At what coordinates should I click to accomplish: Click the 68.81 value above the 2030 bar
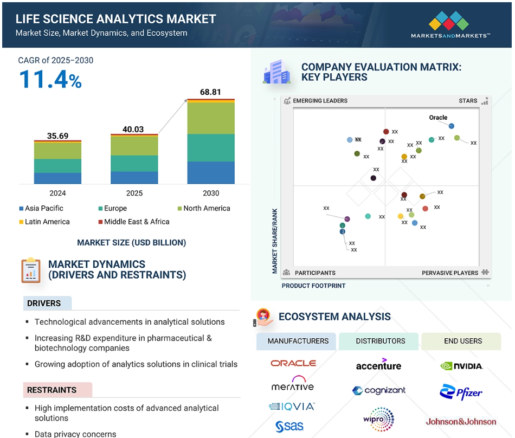click(210, 92)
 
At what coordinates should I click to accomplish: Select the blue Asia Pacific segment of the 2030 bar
click(211, 173)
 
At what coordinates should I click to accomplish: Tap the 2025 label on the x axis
click(134, 193)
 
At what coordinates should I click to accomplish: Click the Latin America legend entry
click(44, 222)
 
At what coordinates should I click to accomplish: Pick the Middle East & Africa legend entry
click(134, 222)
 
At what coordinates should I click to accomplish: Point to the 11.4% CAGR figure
click(50, 80)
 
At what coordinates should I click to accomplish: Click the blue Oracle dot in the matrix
click(451, 126)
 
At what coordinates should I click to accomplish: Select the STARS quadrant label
click(468, 101)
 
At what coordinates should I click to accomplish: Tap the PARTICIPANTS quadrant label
click(315, 273)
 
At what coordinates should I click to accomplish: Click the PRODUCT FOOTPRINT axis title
click(313, 286)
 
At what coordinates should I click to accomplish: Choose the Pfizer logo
click(461, 392)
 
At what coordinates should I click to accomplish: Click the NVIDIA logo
click(461, 366)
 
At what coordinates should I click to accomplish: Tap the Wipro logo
click(379, 419)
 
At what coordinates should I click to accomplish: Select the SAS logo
click(289, 426)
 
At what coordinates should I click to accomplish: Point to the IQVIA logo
click(292, 407)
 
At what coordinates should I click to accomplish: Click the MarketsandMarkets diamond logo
click(449, 21)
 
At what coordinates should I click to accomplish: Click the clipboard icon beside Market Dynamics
click(31, 270)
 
